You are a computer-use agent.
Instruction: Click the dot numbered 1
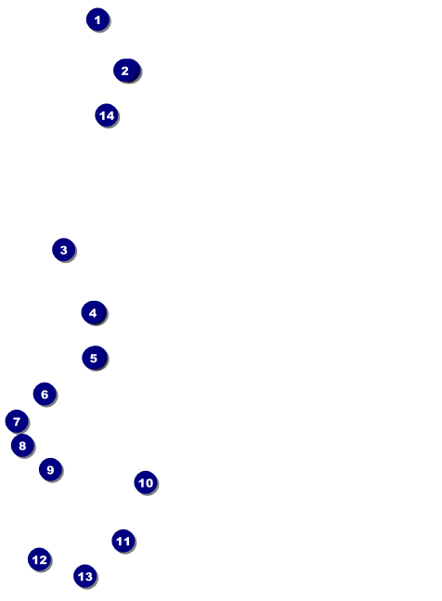click(97, 20)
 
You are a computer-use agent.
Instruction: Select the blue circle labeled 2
click(126, 71)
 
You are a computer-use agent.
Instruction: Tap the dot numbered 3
click(63, 250)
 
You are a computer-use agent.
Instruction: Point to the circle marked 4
click(94, 313)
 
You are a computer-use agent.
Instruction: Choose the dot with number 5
click(94, 358)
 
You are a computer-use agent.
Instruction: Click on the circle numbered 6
click(45, 394)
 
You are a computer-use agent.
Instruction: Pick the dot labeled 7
click(17, 422)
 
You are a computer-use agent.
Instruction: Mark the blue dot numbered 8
click(22, 445)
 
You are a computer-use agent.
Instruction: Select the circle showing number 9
click(50, 469)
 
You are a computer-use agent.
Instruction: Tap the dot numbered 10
click(146, 482)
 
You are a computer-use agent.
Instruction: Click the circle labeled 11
click(123, 542)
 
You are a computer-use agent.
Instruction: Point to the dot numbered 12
click(39, 559)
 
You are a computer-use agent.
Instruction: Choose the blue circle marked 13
click(85, 576)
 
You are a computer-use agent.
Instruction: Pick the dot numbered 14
click(107, 115)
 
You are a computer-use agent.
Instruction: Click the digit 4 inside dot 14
click(110, 115)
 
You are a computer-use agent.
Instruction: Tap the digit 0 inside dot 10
click(149, 483)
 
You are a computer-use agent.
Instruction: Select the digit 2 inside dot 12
click(43, 560)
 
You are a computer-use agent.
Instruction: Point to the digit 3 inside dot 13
click(88, 577)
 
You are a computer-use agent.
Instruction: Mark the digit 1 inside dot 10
click(142, 483)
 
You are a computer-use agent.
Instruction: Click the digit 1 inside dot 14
click(103, 115)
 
